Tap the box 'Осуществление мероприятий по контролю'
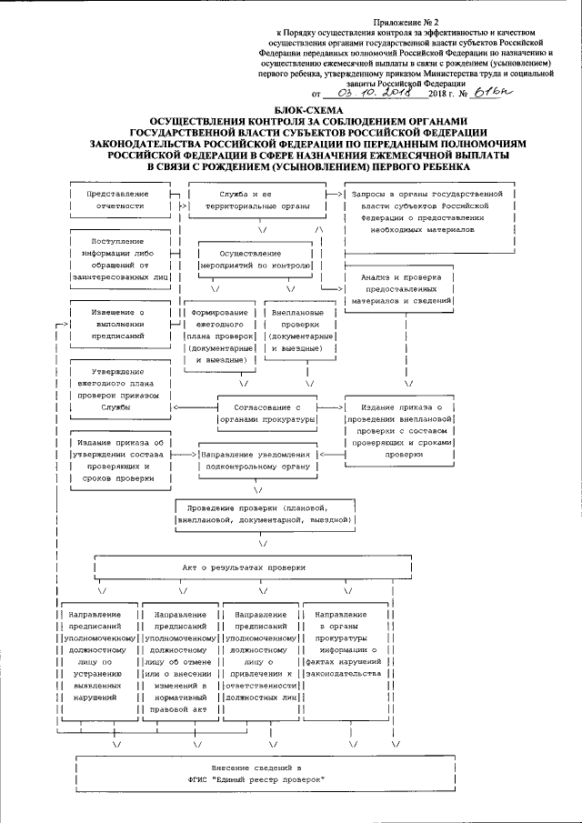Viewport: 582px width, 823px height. pos(256,260)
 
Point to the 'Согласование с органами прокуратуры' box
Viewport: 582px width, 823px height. pos(266,414)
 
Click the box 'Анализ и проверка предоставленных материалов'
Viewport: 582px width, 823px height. pos(401,288)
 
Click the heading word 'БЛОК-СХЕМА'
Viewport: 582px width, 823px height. pos(291,110)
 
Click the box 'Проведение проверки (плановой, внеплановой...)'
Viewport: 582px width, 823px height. pos(264,513)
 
